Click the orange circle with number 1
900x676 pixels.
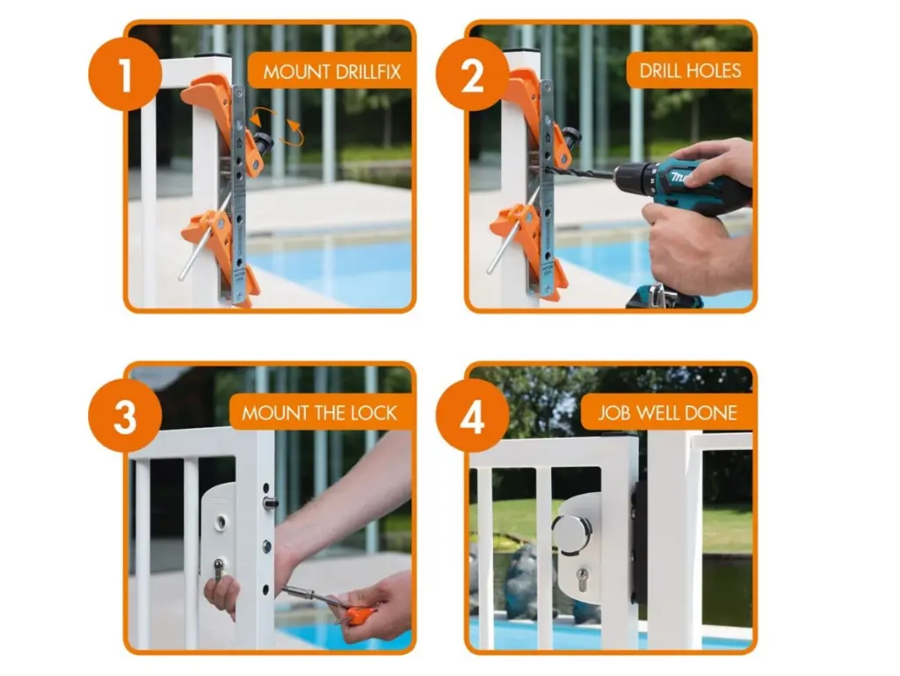point(125,74)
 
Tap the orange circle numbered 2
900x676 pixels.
point(472,74)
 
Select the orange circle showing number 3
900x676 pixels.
point(125,416)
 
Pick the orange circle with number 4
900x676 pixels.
point(472,416)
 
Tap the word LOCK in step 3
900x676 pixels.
point(374,413)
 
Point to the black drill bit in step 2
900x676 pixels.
point(580,171)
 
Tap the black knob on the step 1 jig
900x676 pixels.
point(264,141)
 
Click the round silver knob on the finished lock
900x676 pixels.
point(571,534)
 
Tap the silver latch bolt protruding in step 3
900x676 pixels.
point(270,504)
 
